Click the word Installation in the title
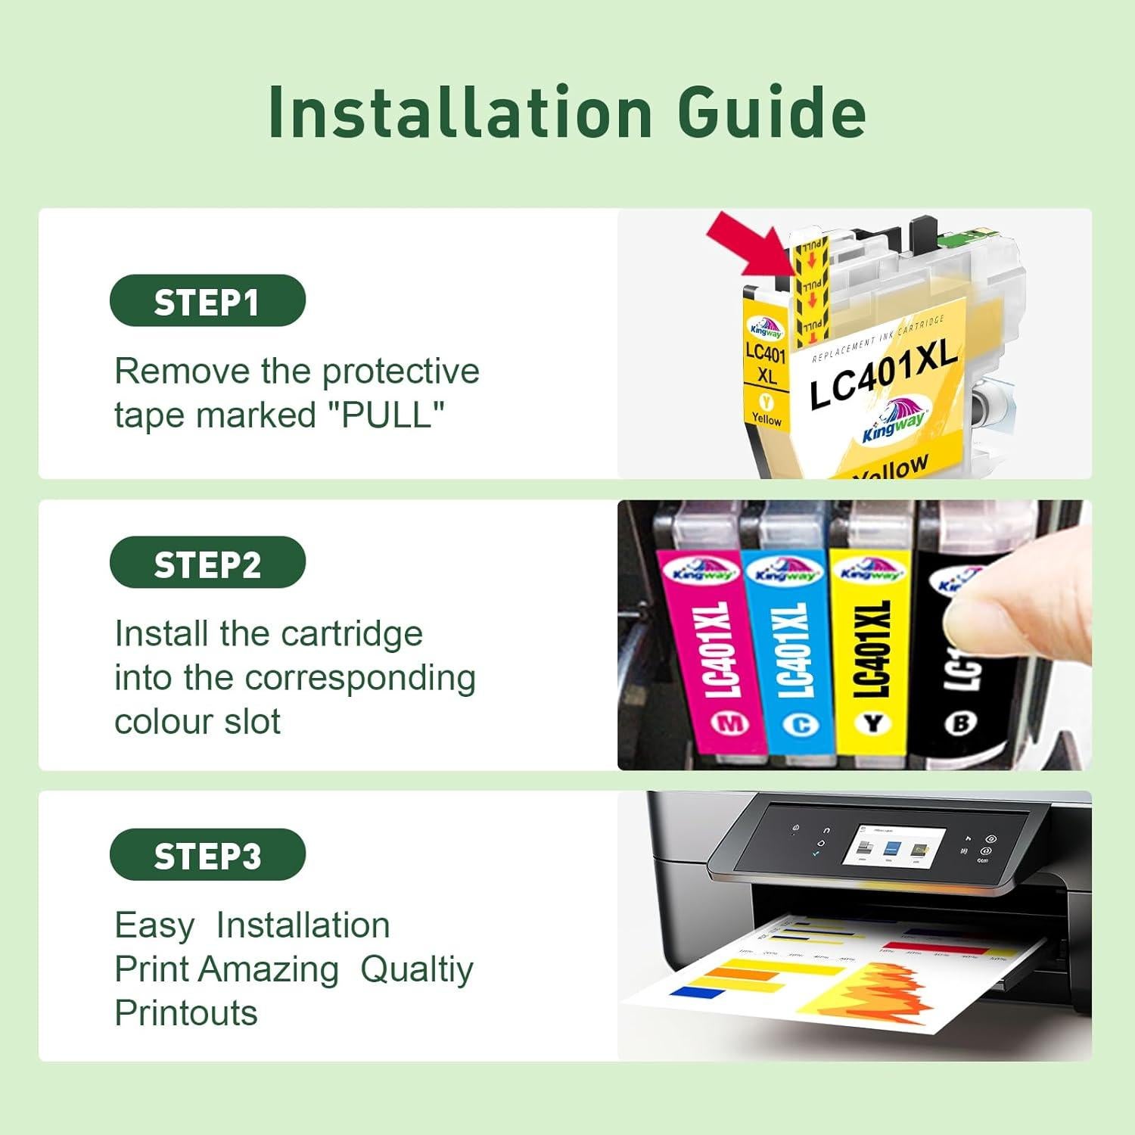(x=460, y=113)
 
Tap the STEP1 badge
(x=207, y=301)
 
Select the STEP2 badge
(x=207, y=563)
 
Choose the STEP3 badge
(x=207, y=855)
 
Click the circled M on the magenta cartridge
(x=730, y=724)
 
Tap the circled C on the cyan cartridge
(x=801, y=725)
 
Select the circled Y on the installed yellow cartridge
(x=872, y=724)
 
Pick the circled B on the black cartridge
(x=961, y=724)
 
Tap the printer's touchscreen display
(x=899, y=848)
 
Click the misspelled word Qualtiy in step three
(x=416, y=969)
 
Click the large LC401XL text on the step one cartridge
(x=883, y=375)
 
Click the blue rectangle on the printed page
(x=687, y=991)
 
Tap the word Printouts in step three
(x=186, y=1013)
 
